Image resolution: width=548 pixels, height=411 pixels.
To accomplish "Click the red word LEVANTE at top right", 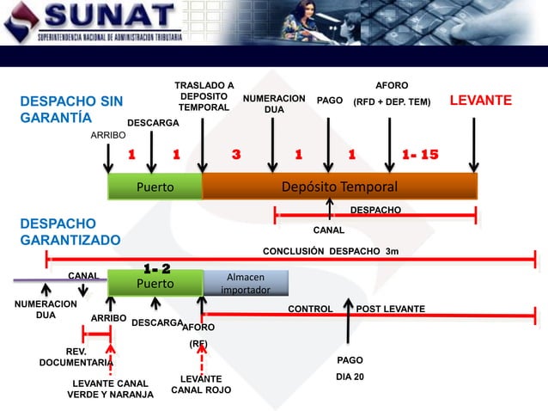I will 481,101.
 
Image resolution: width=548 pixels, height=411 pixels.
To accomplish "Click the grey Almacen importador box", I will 245,283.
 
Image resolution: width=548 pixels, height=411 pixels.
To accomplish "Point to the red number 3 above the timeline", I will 236,155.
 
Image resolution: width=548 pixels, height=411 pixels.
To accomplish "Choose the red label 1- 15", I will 420,155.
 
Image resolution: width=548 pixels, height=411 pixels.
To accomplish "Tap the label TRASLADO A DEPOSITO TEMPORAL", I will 204,96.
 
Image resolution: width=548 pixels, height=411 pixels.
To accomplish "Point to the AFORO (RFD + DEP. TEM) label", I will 393,95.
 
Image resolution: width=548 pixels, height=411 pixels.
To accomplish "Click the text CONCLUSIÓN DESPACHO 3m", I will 331,251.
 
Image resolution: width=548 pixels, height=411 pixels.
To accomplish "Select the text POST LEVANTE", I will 390,309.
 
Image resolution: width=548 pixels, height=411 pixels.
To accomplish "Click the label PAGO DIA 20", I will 350,368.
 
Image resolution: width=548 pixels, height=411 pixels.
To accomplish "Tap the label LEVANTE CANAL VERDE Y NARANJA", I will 110,389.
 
